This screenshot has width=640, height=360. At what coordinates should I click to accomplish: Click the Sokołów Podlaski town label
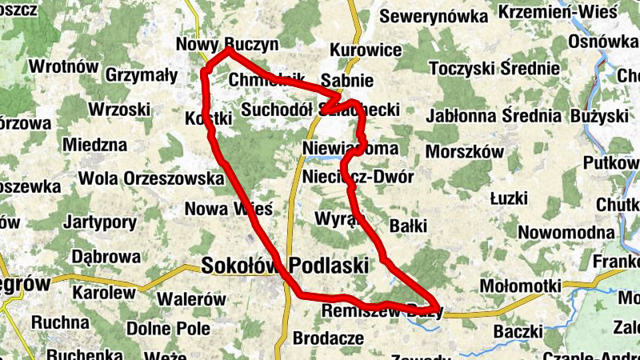(x=285, y=266)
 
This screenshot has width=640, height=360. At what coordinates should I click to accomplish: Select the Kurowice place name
(x=366, y=50)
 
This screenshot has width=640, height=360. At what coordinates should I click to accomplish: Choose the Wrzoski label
(x=120, y=108)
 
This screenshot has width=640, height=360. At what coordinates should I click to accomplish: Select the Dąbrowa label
(x=106, y=257)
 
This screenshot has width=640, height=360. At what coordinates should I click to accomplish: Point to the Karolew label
(x=104, y=293)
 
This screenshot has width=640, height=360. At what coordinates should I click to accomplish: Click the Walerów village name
(x=191, y=299)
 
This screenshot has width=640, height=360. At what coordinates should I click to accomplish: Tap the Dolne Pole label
(x=168, y=328)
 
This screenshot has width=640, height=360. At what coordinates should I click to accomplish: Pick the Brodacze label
(x=328, y=338)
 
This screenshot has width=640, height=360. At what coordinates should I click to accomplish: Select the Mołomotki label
(x=520, y=286)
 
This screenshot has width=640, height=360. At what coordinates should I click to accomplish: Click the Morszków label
(x=465, y=151)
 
